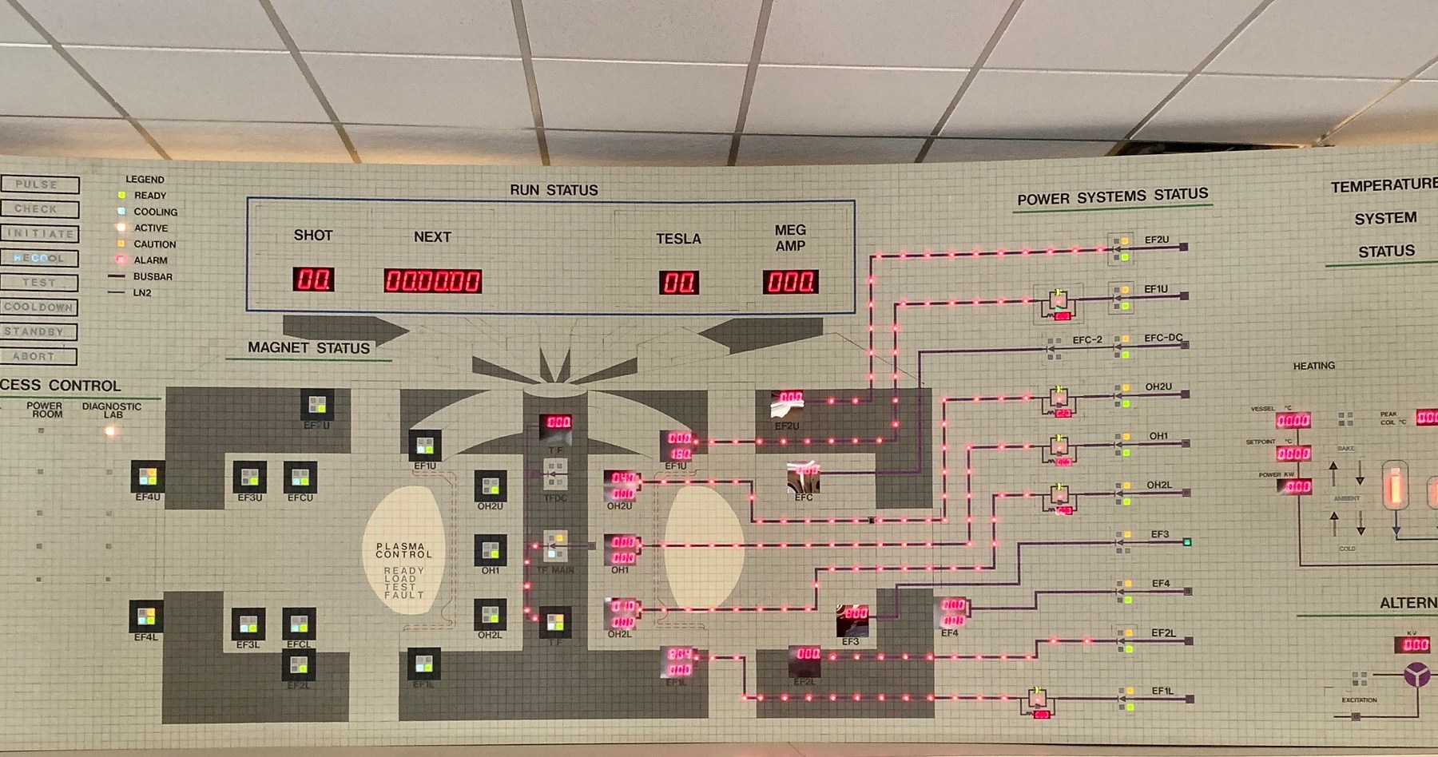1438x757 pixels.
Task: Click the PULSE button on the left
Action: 39,184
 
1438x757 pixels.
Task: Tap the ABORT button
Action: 38,356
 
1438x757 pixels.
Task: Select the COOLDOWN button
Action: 38,307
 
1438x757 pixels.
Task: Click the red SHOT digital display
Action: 313,279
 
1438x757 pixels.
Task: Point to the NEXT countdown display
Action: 432,281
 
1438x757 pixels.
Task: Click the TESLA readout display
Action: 679,283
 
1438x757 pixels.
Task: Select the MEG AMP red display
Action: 790,282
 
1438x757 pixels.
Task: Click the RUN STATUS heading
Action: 554,190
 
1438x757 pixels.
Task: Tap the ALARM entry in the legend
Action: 150,260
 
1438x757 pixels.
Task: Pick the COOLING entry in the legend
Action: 155,212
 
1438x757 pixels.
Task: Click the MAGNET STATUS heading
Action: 308,348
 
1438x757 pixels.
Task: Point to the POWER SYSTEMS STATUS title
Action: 1112,196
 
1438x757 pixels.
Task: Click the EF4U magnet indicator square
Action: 148,478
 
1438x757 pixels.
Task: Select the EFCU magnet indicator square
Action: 300,478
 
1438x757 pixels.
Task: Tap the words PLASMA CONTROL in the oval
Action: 403,550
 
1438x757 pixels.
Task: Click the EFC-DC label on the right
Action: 1163,338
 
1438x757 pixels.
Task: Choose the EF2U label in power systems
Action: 1156,240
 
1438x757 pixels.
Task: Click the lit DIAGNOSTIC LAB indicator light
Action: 110,431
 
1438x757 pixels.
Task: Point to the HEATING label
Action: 1313,366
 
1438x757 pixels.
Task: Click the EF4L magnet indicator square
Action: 146,616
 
